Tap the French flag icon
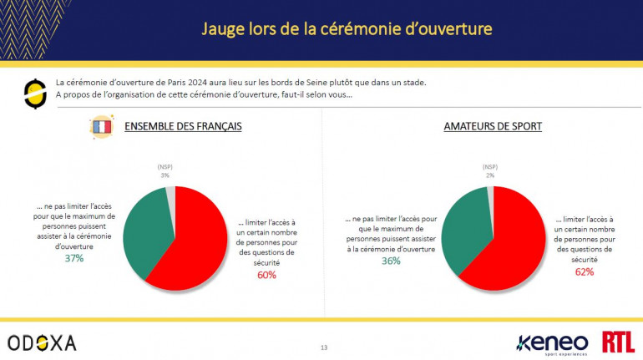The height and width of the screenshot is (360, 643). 101,127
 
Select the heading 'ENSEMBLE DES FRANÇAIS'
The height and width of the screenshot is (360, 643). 183,127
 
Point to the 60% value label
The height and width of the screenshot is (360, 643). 267,275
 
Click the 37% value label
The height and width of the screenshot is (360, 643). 73,258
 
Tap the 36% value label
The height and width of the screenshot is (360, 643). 390,260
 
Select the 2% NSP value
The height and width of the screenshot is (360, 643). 490,175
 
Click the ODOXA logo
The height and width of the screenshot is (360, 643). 42,342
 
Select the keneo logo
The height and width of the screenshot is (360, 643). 554,342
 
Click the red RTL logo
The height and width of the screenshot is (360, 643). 619,342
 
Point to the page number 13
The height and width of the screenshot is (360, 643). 324,347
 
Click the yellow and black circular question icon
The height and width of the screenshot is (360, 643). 35,94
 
